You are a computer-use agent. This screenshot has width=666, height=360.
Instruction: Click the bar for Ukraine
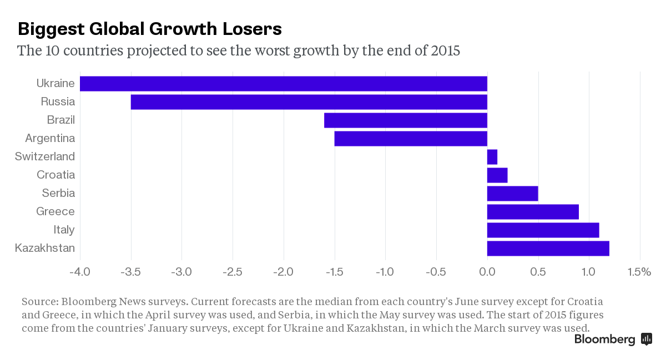coord(283,84)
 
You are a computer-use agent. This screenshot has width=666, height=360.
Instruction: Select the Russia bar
coord(309,102)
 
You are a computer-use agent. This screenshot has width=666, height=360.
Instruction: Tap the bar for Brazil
coord(405,120)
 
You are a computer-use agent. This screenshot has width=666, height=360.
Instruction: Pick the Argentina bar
coord(411,139)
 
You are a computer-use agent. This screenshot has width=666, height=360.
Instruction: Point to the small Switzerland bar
coord(492,157)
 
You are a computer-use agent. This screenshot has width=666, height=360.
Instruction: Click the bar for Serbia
coord(512,194)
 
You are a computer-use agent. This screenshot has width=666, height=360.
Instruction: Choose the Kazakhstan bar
coord(548,248)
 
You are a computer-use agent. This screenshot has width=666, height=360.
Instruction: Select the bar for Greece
coord(533,212)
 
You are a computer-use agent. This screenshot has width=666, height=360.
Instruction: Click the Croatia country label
coord(56,175)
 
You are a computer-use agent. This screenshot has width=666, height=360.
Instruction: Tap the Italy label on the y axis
coord(64,230)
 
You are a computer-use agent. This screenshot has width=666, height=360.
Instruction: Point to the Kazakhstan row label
coord(45,248)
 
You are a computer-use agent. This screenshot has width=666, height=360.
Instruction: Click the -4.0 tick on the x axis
coord(80,272)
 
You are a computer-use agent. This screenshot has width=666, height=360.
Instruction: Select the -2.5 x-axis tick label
coord(233,272)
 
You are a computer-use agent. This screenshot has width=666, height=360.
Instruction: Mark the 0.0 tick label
coord(487,272)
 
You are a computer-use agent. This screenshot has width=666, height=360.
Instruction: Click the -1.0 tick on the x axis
coord(385,272)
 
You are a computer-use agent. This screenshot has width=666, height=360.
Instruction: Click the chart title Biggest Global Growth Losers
coord(150,29)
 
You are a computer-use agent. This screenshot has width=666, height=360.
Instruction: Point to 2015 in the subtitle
coord(445,51)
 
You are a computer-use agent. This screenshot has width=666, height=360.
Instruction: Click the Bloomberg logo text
coord(604,339)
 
